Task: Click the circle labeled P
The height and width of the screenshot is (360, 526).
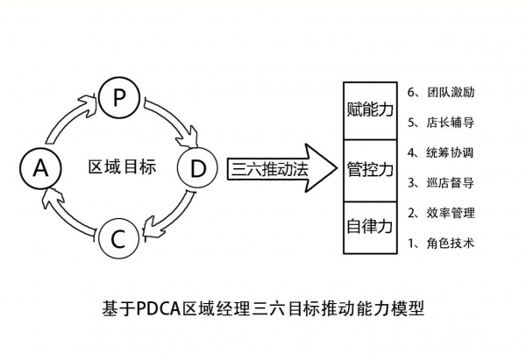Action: pyautogui.click(x=120, y=97)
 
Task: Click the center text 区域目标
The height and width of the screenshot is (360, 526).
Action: pyautogui.click(x=122, y=166)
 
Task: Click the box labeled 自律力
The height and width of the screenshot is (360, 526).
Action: pyautogui.click(x=369, y=225)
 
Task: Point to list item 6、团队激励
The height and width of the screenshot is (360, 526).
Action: pyautogui.click(x=442, y=91)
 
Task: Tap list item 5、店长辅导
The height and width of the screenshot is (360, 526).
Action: pyautogui.click(x=442, y=122)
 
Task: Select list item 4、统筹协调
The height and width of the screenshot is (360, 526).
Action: pyautogui.click(x=442, y=152)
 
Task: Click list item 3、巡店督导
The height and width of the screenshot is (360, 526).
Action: pyautogui.click(x=442, y=182)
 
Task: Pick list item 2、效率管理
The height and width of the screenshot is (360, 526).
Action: pyautogui.click(x=442, y=213)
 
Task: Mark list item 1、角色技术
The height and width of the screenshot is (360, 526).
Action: pyautogui.click(x=442, y=243)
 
